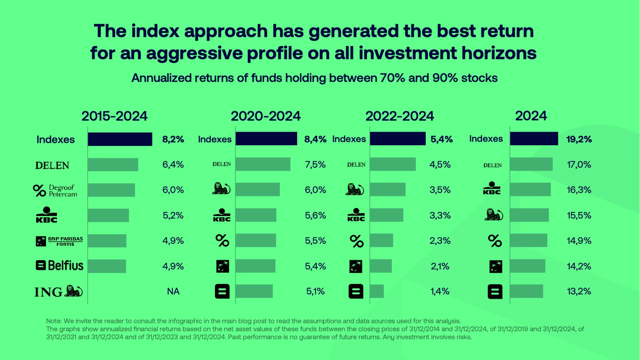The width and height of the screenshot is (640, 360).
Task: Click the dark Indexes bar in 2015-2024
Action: (x=120, y=139)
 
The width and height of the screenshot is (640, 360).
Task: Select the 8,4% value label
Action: (x=315, y=139)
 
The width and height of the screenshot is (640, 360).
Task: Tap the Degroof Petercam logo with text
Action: (x=55, y=191)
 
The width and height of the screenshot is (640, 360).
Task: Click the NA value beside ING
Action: (x=173, y=291)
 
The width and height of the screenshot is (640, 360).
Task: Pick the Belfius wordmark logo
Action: (x=60, y=265)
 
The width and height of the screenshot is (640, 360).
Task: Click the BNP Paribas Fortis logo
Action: (x=59, y=241)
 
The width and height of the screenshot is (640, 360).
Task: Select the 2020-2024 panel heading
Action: (x=266, y=116)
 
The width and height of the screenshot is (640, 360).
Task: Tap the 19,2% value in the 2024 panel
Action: (x=579, y=139)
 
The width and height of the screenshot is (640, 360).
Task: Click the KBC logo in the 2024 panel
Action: (x=492, y=189)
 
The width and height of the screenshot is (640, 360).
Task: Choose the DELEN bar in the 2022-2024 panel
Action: (x=392, y=164)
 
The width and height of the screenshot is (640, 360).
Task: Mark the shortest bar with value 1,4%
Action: (x=376, y=291)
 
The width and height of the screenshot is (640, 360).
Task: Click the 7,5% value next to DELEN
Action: (x=315, y=164)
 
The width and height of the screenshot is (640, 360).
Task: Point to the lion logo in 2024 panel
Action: (x=493, y=215)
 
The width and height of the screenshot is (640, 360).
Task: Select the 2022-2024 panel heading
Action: (x=400, y=116)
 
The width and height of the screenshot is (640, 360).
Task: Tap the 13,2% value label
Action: (x=579, y=291)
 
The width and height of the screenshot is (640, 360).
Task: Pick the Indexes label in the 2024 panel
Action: (x=486, y=139)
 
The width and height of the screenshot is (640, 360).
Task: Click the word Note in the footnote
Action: (x=53, y=321)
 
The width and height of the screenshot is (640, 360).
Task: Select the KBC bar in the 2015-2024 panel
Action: (x=108, y=215)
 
